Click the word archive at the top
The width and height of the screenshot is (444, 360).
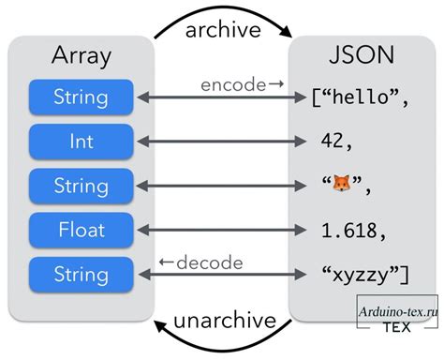[222, 29]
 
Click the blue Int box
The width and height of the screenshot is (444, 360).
[81, 141]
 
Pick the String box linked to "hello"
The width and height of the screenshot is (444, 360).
[81, 97]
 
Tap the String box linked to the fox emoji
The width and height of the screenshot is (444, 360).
[81, 185]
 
